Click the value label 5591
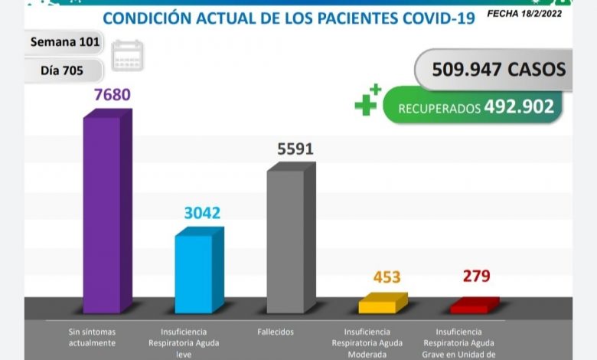[x=295, y=149]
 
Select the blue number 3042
[x=202, y=213]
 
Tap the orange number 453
[x=387, y=277]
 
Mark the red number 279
[x=475, y=275]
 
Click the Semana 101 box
[x=64, y=42]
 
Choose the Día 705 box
[x=60, y=70]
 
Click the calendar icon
[x=127, y=56]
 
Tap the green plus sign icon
[x=367, y=100]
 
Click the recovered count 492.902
[x=518, y=107]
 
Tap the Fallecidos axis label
[x=276, y=332]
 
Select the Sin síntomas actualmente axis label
[x=92, y=337]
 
